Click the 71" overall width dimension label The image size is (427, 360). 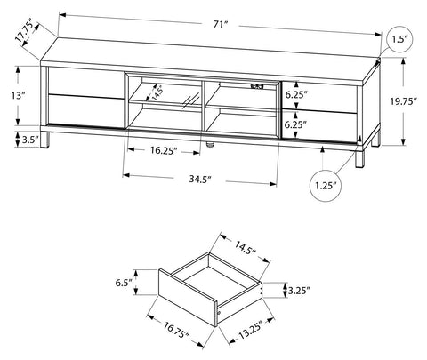pyautogui.click(x=220, y=24)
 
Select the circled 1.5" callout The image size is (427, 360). pyautogui.click(x=400, y=39)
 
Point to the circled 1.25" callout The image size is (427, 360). pyautogui.click(x=326, y=186)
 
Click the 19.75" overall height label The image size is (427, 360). pyautogui.click(x=403, y=101)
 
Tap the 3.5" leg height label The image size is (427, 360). pyautogui.click(x=30, y=139)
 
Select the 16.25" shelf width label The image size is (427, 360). pyautogui.click(x=164, y=150)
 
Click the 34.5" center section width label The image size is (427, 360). pyautogui.click(x=200, y=179)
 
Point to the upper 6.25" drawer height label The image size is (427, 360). pyautogui.click(x=295, y=95)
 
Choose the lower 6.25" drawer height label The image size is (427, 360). pyautogui.click(x=295, y=124)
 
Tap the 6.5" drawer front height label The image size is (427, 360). pyautogui.click(x=124, y=283)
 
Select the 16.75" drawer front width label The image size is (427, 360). pyautogui.click(x=176, y=330)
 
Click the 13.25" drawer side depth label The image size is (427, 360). pyautogui.click(x=251, y=330)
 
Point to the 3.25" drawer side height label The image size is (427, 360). pyautogui.click(x=299, y=291)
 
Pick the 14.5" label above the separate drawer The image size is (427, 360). pyautogui.click(x=246, y=248)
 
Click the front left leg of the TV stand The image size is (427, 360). pyautogui.click(x=45, y=140)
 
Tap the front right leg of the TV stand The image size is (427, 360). pyautogui.click(x=360, y=160)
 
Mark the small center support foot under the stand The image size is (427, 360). pyautogui.click(x=210, y=145)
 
